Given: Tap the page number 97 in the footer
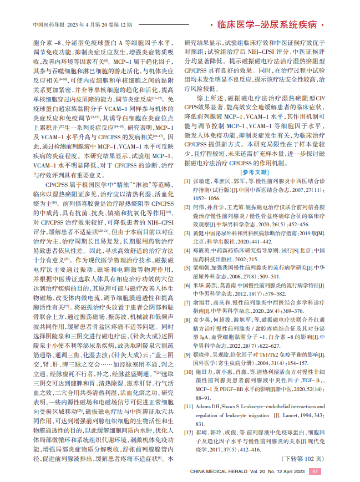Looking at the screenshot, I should click(x=316, y=471).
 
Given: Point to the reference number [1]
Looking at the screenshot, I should click(x=187, y=181).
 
